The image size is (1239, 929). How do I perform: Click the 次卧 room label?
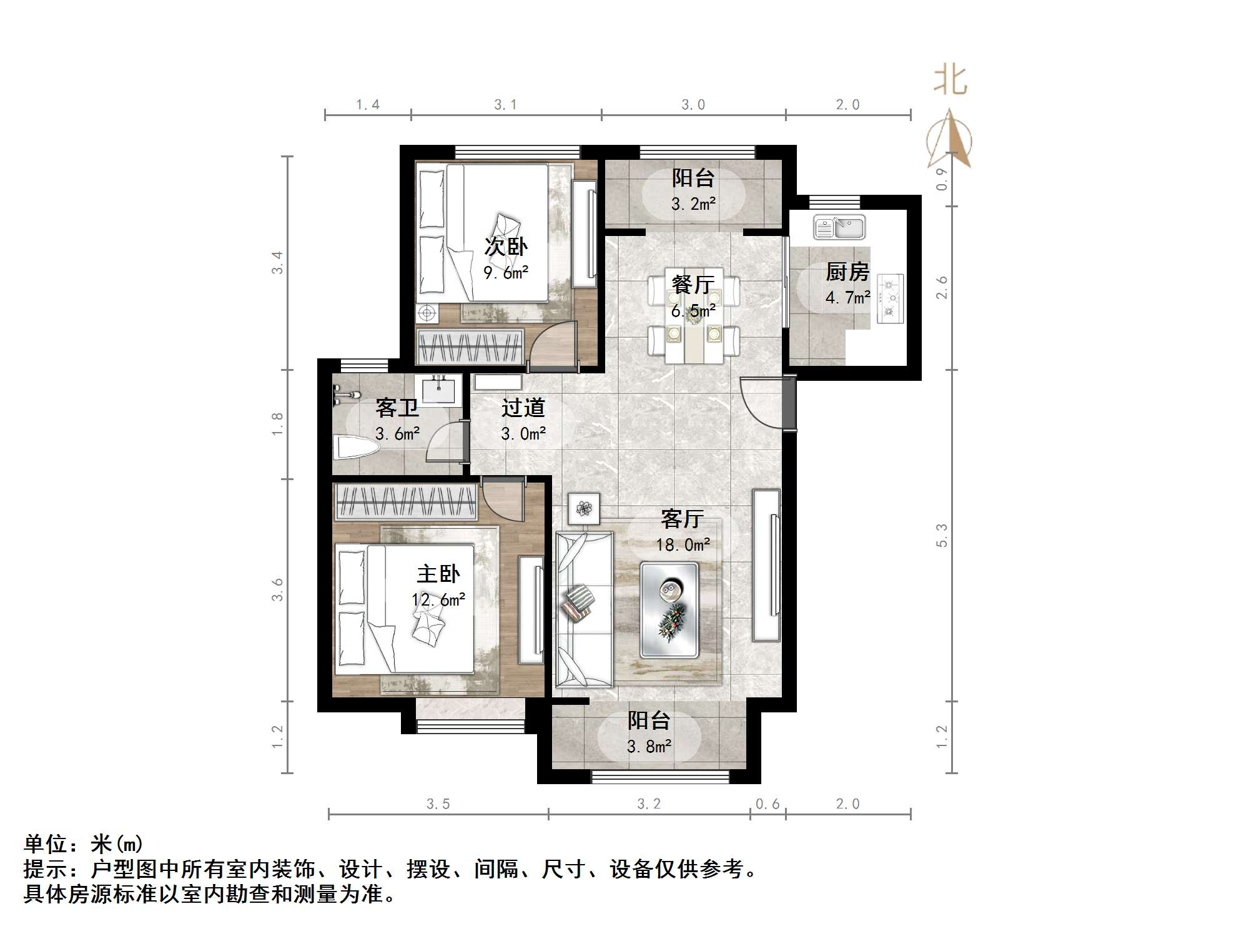click(506, 246)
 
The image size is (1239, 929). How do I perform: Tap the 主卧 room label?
click(438, 574)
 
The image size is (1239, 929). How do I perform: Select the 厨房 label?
click(847, 272)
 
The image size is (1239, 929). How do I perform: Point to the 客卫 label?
click(397, 408)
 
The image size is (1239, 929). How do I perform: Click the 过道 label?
click(523, 408)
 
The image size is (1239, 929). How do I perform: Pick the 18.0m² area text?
click(683, 544)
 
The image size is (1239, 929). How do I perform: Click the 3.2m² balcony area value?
click(693, 204)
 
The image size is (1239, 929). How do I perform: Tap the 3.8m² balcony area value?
click(649, 746)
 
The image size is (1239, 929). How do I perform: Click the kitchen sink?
click(839, 227)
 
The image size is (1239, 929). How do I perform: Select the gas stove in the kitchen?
click(891, 299)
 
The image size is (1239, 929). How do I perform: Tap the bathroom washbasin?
click(442, 390)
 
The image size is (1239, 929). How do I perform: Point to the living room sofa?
click(584, 610)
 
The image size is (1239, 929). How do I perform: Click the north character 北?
click(950, 81)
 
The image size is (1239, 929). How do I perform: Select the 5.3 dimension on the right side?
click(942, 536)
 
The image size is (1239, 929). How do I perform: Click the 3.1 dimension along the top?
click(506, 105)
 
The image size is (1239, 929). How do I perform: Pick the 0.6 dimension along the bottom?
click(768, 804)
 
